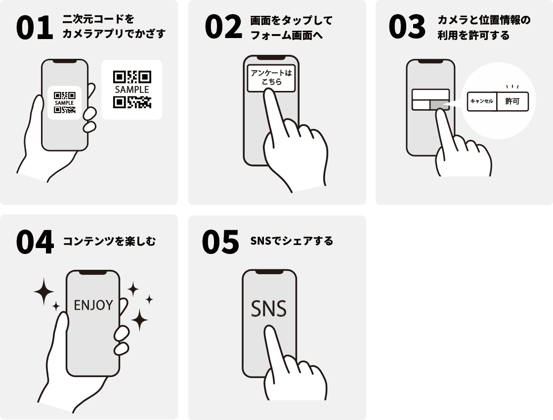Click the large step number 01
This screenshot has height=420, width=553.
tap(35, 28)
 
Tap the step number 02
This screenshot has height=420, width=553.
tap(223, 27)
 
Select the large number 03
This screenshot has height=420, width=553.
tap(407, 27)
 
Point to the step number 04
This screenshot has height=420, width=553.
tap(35, 242)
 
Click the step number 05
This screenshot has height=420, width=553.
tap(220, 242)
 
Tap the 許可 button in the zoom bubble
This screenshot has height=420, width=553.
tap(512, 102)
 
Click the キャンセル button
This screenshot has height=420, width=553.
tap(482, 102)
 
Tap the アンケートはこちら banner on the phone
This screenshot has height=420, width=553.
tap(271, 78)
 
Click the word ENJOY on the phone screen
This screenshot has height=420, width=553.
tap(93, 305)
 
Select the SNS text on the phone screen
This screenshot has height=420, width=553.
tap(269, 308)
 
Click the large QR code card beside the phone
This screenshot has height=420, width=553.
tap(132, 89)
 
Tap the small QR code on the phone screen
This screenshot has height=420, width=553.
tap(65, 103)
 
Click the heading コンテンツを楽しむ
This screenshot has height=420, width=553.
tap(109, 242)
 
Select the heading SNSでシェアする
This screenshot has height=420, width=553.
tap(292, 241)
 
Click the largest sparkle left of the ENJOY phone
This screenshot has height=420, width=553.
tap(43, 292)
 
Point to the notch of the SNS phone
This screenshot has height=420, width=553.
tap(269, 272)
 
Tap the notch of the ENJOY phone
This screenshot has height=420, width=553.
tap(93, 272)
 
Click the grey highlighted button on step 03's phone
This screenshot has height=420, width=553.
tap(439, 105)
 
